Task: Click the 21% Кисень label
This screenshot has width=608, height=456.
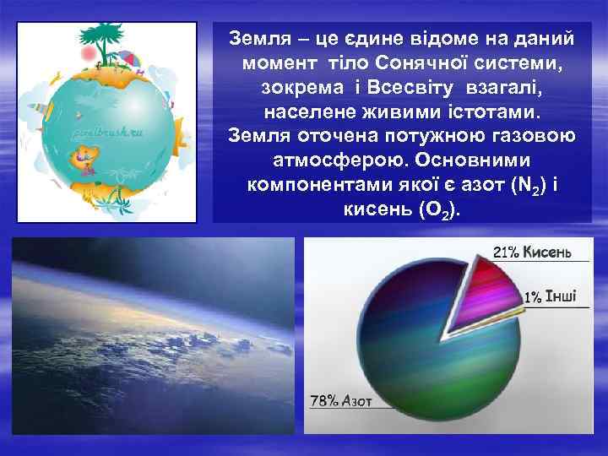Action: (532, 252)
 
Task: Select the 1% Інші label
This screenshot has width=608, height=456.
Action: (551, 296)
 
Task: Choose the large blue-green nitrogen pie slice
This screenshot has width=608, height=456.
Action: (414, 355)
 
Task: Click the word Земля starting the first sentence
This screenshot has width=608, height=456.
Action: (258, 38)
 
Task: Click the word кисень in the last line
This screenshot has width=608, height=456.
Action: (373, 209)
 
